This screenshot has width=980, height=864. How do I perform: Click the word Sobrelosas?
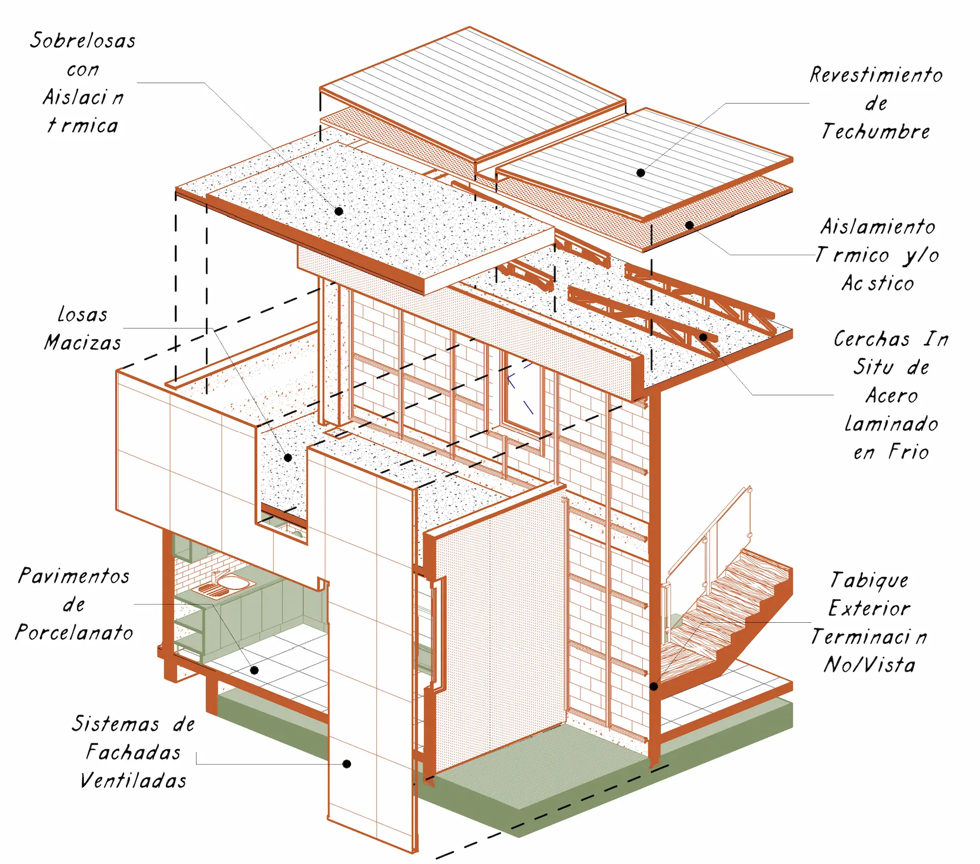pyautogui.click(x=83, y=41)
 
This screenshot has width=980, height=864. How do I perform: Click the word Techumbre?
pyautogui.click(x=876, y=132)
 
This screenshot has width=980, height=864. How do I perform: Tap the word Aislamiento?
pyautogui.click(x=878, y=227)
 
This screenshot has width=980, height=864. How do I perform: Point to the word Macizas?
pyautogui.click(x=83, y=343)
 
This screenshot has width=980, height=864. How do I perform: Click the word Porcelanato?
pyautogui.click(x=75, y=633)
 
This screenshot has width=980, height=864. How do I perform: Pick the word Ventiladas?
pyautogui.click(x=133, y=781)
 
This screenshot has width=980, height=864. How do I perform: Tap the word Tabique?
pyautogui.click(x=869, y=580)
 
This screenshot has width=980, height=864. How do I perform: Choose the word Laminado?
pyautogui.click(x=891, y=424)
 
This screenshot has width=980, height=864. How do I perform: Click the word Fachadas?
pyautogui.click(x=133, y=752)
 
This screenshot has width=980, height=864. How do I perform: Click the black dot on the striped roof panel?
pyautogui.click(x=641, y=173)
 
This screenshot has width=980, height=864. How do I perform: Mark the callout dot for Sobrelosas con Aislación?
pyautogui.click(x=339, y=211)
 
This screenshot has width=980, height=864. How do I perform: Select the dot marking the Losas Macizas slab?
pyautogui.click(x=288, y=458)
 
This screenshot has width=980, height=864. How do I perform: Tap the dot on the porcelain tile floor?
pyautogui.click(x=254, y=670)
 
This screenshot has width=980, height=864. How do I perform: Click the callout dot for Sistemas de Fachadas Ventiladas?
pyautogui.click(x=347, y=764)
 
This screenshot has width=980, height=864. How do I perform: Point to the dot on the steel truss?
pyautogui.click(x=703, y=337)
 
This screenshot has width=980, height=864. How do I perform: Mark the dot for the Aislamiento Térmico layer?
pyautogui.click(x=690, y=225)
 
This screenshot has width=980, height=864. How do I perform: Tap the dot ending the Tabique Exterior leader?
pyautogui.click(x=653, y=687)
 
